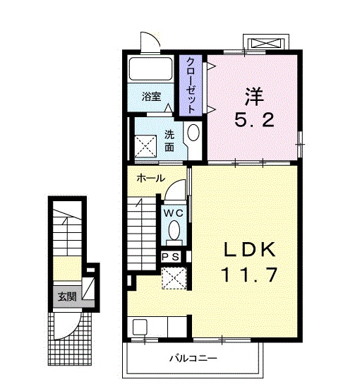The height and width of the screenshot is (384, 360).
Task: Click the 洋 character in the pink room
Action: (254, 95)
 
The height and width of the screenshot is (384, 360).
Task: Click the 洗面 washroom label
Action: (169, 140)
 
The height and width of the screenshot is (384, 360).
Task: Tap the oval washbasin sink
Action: (193, 133)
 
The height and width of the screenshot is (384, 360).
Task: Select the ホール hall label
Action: (152, 179)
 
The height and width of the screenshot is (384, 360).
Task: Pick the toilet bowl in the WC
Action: (174, 231)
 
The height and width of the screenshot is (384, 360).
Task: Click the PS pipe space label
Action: (171, 257)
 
